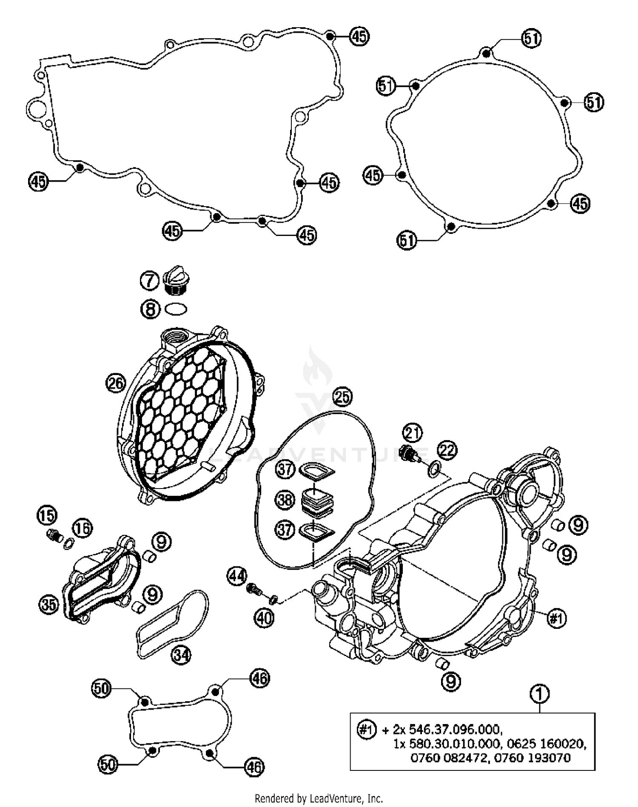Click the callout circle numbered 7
pos(149,281)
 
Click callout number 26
pos(115,384)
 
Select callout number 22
pos(447,451)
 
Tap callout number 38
pos(285,500)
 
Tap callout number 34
pos(181,655)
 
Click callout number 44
pos(236,577)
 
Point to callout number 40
pos(264,618)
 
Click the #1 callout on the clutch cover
pos(556,619)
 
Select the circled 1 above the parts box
pos(539,694)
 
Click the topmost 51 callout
pos(532,39)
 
